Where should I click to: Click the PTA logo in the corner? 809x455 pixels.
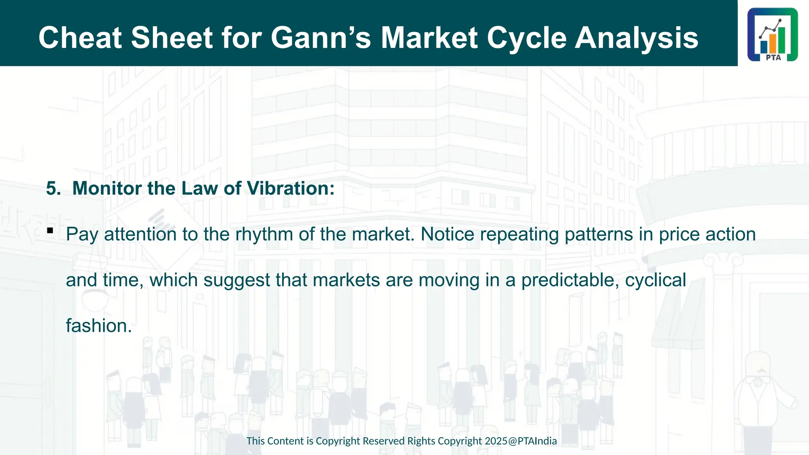pyautogui.click(x=773, y=35)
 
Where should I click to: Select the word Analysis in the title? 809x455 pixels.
pyautogui.click(x=636, y=38)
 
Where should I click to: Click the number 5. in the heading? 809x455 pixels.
pyautogui.click(x=53, y=188)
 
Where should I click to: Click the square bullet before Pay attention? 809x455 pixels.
pyautogui.click(x=50, y=230)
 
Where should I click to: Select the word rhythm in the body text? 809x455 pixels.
pyautogui.click(x=264, y=234)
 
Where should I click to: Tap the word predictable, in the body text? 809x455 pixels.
pyautogui.click(x=570, y=280)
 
